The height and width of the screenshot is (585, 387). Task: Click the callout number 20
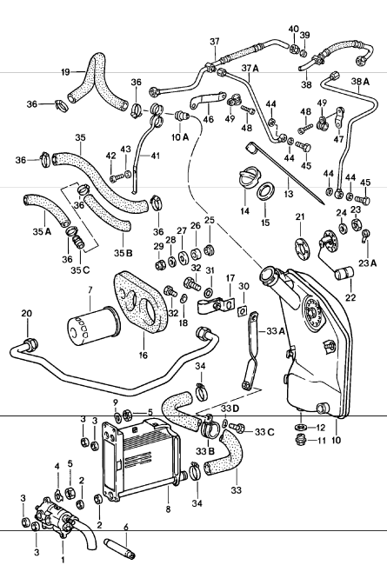coord(26,314)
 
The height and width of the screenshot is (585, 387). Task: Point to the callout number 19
coord(64,72)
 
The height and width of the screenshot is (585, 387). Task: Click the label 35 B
coord(123,254)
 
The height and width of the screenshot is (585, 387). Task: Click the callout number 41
coord(157,156)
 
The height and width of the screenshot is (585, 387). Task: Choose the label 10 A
coord(178,136)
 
